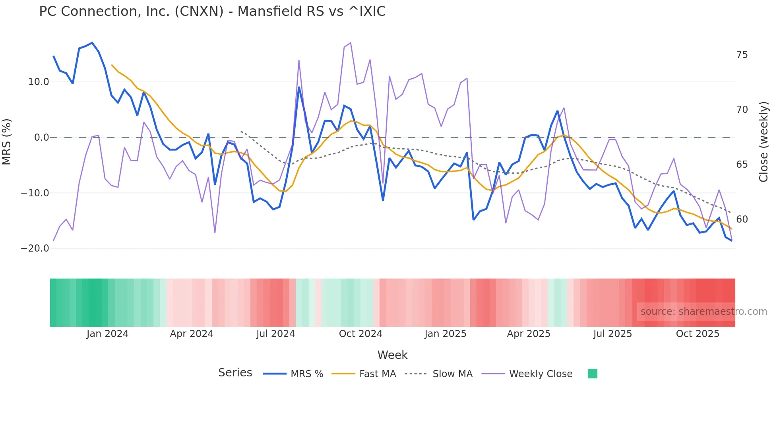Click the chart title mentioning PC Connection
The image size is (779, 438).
pos(212,12)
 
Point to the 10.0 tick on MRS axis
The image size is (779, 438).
pos(39,82)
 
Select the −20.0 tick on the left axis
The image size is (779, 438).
pos(35,248)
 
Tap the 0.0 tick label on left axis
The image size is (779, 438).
pos(41,138)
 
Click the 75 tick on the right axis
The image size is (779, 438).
pos(742,55)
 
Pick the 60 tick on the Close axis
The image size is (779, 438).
pos(742,219)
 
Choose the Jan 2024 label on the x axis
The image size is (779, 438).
pos(107,334)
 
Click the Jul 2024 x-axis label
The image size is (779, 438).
pos(275,334)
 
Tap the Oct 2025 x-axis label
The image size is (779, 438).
pos(698,334)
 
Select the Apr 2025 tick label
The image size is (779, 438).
pos(529,334)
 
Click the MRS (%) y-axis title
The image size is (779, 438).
pos(7,141)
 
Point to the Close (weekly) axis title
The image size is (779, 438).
pos(763,142)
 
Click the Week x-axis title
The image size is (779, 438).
pos(392,355)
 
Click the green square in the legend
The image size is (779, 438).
pos(592,374)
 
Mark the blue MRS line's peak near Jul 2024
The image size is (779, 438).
pos(299,87)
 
